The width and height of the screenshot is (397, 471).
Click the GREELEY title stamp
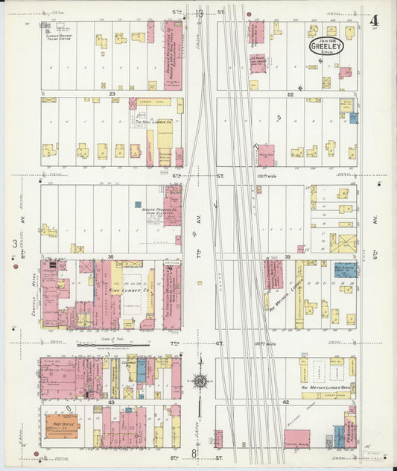pos(326,46)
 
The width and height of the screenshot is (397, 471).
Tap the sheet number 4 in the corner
pos(372,21)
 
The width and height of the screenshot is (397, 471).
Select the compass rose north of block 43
pos(200,381)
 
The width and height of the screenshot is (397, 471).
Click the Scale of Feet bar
pos(113,345)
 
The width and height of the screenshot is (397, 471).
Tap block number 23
pos(112,94)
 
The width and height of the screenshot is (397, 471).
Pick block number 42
pos(286,401)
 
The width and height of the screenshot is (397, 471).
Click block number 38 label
pos(110,256)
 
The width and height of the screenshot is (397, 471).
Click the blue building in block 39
pos(344,269)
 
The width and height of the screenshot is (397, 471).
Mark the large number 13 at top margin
pos(199,13)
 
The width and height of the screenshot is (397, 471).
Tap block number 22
pos(290,95)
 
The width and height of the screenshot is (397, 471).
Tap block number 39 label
pos(287,256)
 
